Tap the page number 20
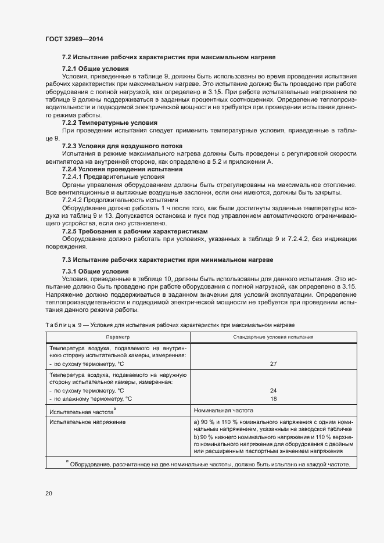pyautogui.click(x=49, y=493)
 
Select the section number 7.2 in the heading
pyautogui.click(x=67, y=58)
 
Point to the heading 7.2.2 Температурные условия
pyautogui.click(x=109, y=123)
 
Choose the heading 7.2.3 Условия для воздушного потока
pyautogui.click(x=122, y=146)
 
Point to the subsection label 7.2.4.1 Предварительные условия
pyautogui.click(x=113, y=176)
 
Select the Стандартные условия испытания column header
pyautogui.click(x=273, y=337)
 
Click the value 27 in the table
pyautogui.click(x=273, y=364)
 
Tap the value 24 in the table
pyautogui.click(x=273, y=390)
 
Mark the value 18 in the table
pyautogui.click(x=273, y=398)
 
